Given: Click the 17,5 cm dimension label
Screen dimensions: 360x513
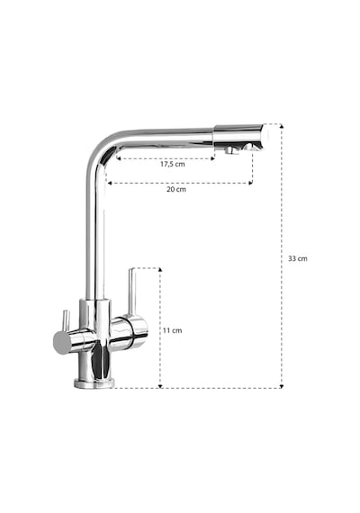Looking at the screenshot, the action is [x=173, y=164].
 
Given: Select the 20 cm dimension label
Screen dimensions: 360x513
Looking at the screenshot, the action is [x=176, y=189].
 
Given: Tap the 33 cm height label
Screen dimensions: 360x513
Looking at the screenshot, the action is [x=298, y=258].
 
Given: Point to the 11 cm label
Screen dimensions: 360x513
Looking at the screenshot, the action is [x=172, y=330].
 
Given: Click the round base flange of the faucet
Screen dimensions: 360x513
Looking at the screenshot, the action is [x=94, y=383].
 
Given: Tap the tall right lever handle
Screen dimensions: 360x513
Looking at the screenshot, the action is [x=132, y=292].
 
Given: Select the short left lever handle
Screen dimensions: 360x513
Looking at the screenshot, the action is [x=66, y=320].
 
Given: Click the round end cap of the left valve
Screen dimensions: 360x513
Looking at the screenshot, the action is [x=62, y=342].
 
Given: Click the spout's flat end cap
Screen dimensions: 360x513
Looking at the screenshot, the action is [x=267, y=137].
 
